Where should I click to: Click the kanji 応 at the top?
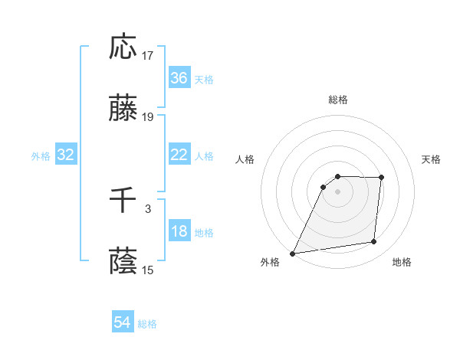123,47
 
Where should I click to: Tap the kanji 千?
123,201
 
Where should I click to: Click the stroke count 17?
149,55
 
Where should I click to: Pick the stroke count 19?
149,117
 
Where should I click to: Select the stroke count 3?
148,208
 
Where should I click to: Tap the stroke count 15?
149,270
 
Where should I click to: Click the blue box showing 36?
179,78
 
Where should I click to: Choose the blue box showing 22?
179,155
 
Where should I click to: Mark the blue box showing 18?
179,232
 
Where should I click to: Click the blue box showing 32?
66,155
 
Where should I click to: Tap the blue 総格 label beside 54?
147,324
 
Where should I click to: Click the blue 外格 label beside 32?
41,155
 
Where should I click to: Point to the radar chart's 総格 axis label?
338,100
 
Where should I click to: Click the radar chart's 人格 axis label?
246,159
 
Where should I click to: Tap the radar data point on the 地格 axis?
374,242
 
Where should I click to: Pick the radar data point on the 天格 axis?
381,178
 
